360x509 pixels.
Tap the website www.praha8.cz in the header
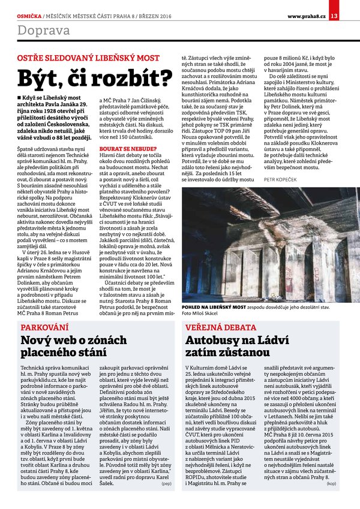pyautogui.click(x=306, y=15)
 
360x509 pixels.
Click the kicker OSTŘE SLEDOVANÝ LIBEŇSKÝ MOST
pyautogui.click(x=88, y=58)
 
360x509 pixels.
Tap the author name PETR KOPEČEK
pyautogui.click(x=279, y=179)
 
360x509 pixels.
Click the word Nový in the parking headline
pyautogui.click(x=38, y=341)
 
